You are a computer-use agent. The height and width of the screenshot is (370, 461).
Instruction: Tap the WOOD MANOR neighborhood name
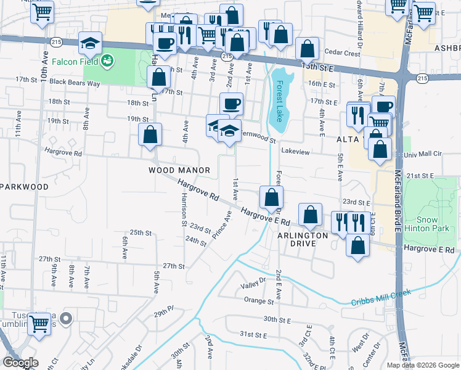[179, 170]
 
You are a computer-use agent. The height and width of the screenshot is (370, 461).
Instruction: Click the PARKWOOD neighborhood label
[24, 186]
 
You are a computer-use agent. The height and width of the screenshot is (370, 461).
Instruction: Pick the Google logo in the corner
[21, 363]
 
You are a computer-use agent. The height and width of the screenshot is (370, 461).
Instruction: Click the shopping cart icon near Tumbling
[39, 323]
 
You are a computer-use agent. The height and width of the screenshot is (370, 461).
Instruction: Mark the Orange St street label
[258, 301]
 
